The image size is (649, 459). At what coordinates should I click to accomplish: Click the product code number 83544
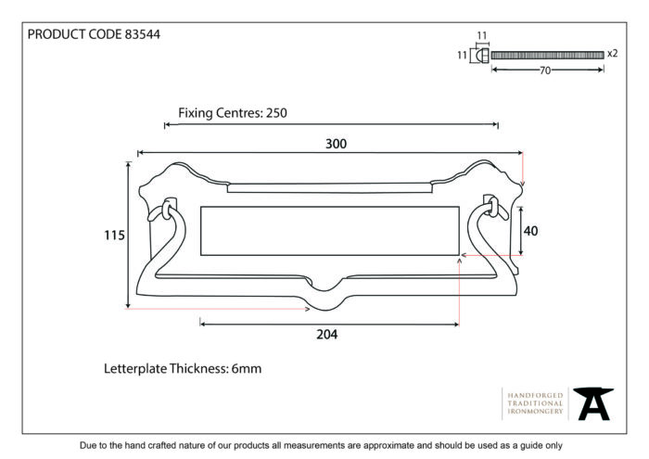(x=143, y=34)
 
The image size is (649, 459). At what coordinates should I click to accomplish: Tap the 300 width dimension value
(x=336, y=144)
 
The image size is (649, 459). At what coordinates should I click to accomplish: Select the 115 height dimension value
(x=114, y=236)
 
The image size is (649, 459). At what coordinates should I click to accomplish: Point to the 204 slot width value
(x=327, y=335)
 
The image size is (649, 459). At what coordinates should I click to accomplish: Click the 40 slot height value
(x=530, y=231)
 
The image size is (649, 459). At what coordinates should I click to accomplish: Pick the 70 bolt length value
(x=545, y=70)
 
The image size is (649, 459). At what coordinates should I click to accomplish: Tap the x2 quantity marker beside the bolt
(x=613, y=54)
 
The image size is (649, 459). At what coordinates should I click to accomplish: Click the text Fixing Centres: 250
(x=233, y=113)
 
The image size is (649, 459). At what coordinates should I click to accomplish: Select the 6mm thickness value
(x=247, y=368)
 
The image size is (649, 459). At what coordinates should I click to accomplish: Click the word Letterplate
(x=135, y=368)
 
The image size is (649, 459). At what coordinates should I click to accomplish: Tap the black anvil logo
(x=593, y=403)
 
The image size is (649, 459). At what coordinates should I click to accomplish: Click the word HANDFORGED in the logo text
(x=535, y=395)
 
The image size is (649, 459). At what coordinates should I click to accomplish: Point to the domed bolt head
(x=482, y=55)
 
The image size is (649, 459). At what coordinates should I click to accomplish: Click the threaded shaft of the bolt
(x=547, y=55)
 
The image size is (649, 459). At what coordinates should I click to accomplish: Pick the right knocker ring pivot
(x=492, y=206)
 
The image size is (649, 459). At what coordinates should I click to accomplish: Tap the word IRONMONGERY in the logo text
(x=535, y=412)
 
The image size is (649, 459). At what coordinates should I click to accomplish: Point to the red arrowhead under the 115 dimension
(x=307, y=309)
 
